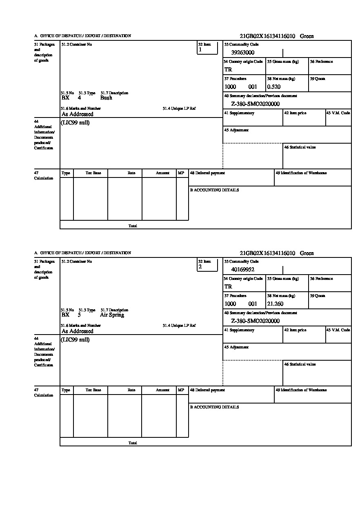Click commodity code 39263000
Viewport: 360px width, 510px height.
coord(242,53)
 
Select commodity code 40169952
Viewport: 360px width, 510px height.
coord(242,270)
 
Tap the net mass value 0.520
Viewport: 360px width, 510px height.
coord(273,87)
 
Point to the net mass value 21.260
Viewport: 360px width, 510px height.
coord(275,304)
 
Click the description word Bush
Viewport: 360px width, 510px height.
coord(106,98)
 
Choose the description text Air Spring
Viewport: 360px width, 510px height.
coord(112,315)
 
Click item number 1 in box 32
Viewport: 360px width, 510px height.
coord(200,50)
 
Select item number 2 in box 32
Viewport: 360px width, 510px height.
coord(200,267)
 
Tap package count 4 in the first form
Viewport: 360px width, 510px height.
coord(79,98)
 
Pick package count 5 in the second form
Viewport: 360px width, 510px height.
coord(79,315)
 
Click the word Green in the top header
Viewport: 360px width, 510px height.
coord(307,36)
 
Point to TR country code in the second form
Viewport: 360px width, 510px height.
coord(228,287)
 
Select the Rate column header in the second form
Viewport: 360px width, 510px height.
coord(131,390)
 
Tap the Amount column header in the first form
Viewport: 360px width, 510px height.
coord(162,173)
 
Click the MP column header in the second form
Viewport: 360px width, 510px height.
coord(181,390)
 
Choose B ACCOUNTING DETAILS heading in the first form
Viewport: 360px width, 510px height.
coord(214,190)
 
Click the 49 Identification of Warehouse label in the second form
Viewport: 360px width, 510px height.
coord(301,390)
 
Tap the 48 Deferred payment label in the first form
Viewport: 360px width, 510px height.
coord(207,173)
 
